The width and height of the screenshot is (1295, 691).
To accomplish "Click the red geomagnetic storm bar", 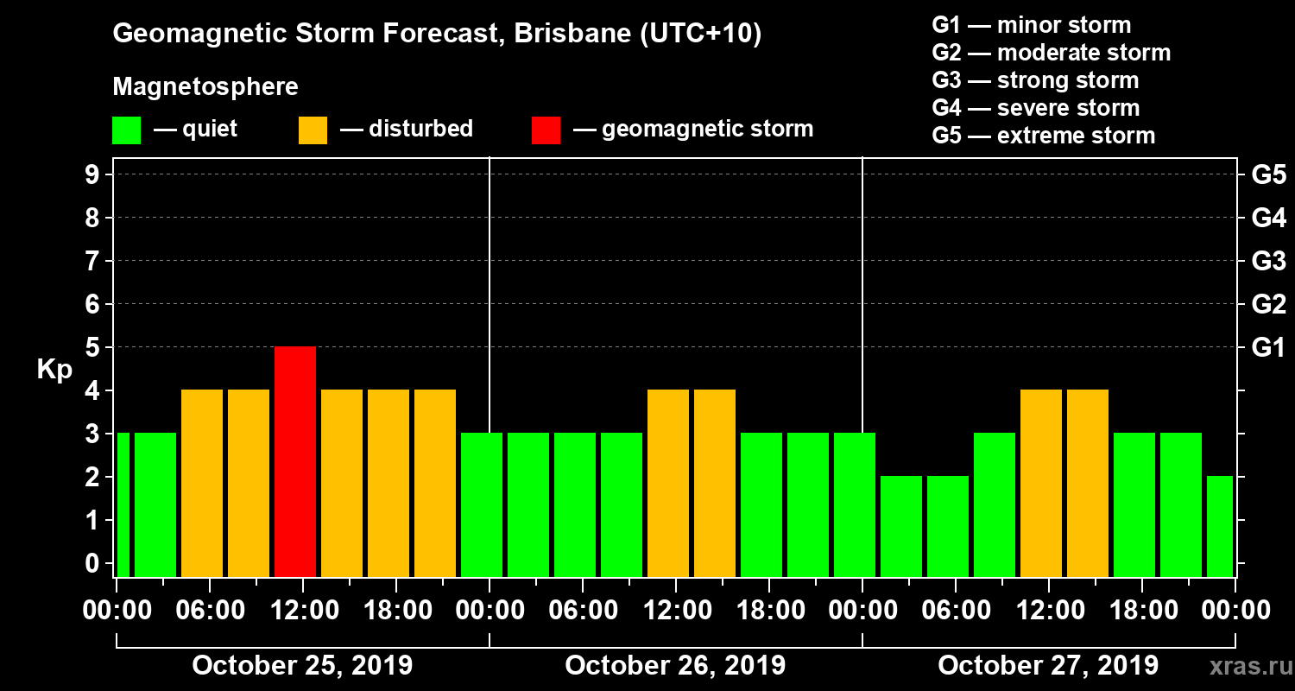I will [295, 461].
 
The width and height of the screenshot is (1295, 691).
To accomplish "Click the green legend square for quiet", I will [126, 130].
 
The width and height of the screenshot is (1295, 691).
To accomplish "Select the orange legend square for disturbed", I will [313, 130].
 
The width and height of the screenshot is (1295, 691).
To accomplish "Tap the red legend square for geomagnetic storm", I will [546, 130].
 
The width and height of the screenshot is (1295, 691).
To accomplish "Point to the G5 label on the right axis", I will [1268, 175].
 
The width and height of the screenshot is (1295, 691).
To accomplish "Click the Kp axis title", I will [54, 370].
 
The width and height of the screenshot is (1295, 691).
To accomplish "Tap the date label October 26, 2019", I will [675, 666].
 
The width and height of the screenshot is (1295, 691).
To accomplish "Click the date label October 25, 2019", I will [302, 666].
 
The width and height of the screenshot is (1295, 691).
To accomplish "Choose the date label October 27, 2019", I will [1048, 666].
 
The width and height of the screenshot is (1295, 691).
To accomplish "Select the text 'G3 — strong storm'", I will [1035, 80].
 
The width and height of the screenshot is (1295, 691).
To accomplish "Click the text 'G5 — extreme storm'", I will [1043, 136].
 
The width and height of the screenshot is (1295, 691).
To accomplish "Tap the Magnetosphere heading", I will [205, 87].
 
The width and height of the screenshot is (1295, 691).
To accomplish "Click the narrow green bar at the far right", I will [1219, 526].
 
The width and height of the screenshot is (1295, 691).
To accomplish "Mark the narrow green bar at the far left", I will [123, 504].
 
